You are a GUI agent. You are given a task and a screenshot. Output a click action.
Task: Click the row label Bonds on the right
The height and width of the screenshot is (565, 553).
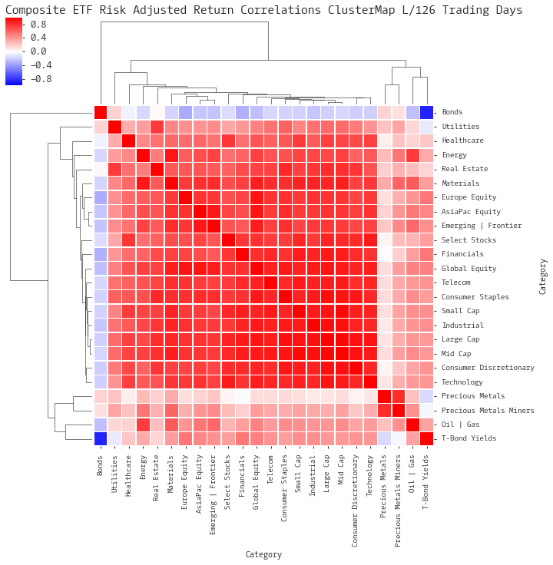pyautogui.click(x=452, y=112)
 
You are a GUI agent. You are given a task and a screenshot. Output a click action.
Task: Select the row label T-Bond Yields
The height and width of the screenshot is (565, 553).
pyautogui.click(x=469, y=438)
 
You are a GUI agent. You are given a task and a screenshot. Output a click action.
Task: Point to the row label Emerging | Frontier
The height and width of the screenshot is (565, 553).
pyautogui.click(x=482, y=226)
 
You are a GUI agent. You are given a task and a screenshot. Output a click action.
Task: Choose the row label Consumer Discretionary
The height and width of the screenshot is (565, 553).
pyautogui.click(x=488, y=368)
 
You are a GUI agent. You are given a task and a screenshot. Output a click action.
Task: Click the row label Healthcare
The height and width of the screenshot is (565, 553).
pyautogui.click(x=462, y=140)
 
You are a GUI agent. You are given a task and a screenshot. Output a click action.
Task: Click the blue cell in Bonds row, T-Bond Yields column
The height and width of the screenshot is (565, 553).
pyautogui.click(x=426, y=112)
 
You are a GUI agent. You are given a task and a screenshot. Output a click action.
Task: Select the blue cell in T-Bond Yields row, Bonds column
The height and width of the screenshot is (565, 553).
pyautogui.click(x=101, y=438)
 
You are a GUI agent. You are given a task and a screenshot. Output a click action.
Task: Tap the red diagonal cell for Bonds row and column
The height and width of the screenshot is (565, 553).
pyautogui.click(x=101, y=112)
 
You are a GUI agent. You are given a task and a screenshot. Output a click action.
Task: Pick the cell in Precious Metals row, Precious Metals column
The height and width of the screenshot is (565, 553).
pyautogui.click(x=384, y=396)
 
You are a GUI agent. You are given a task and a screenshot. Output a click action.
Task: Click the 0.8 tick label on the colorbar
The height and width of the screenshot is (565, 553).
pyautogui.click(x=38, y=24)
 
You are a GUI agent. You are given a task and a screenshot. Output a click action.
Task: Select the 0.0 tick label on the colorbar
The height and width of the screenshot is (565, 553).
pyautogui.click(x=38, y=51)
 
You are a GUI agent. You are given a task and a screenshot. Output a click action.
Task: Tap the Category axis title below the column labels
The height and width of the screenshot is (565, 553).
pyautogui.click(x=263, y=554)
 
